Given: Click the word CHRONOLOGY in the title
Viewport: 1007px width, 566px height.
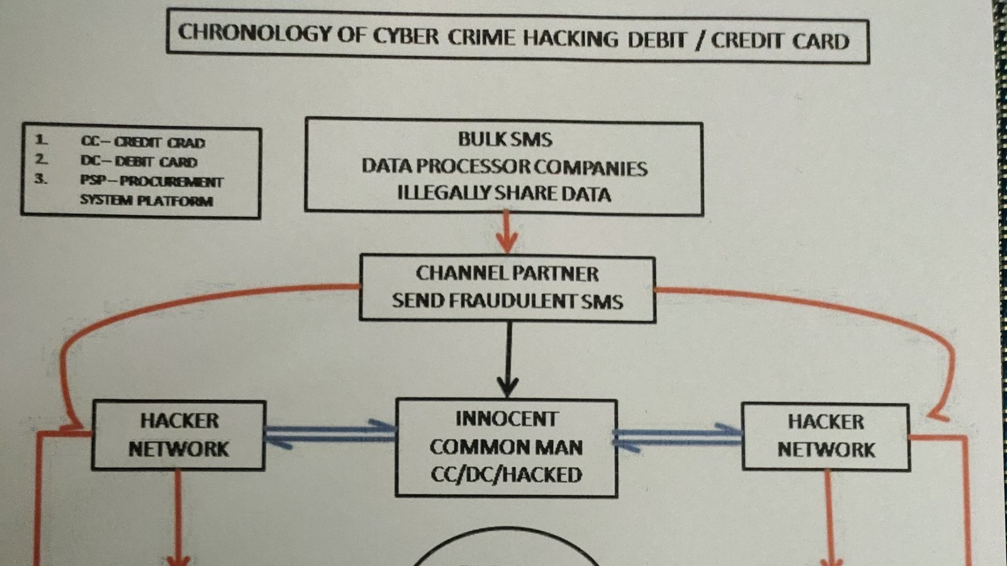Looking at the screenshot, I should pyautogui.click(x=255, y=33).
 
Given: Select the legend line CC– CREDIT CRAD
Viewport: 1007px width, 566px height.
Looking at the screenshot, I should pyautogui.click(x=143, y=143).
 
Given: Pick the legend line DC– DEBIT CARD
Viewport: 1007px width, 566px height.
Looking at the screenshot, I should pyautogui.click(x=139, y=162).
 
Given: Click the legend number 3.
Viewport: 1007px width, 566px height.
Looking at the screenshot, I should pyautogui.click(x=41, y=179).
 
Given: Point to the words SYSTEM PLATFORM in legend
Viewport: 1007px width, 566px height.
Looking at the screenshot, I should pyautogui.click(x=146, y=201).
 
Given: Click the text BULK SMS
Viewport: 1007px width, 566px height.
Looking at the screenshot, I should pyautogui.click(x=505, y=139).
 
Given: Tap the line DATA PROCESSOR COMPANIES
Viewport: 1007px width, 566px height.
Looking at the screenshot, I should pyautogui.click(x=504, y=167).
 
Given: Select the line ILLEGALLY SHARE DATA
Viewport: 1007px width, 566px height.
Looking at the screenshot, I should pyautogui.click(x=504, y=194).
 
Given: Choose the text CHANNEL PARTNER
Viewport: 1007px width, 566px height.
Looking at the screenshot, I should pyautogui.click(x=507, y=274).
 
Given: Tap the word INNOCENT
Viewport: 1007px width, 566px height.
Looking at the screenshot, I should pyautogui.click(x=507, y=419).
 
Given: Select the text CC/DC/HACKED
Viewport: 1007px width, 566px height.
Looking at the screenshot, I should pyautogui.click(x=506, y=475).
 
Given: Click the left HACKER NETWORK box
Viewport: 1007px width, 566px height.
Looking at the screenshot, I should pyautogui.click(x=179, y=435).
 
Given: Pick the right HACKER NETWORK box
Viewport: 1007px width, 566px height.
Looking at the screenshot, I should pyautogui.click(x=826, y=436).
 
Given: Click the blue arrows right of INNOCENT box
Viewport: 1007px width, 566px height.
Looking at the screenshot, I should pyautogui.click(x=678, y=436).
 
